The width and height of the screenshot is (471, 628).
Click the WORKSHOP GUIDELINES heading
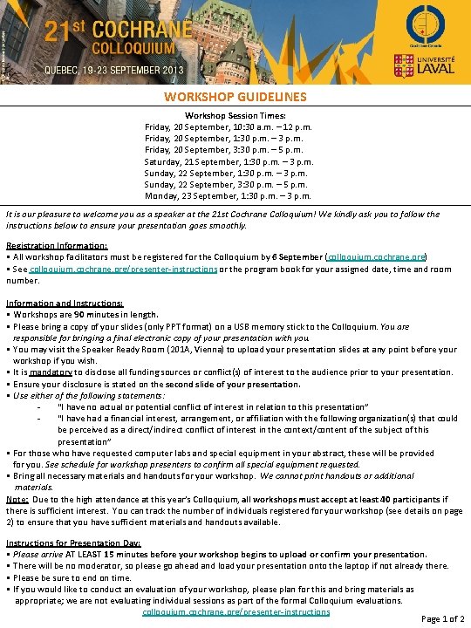pos(235,97)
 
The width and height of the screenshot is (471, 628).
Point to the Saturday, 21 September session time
pos(229,161)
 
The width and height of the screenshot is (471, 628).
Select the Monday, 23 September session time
pos(229,195)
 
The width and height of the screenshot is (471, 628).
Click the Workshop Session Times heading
pos(229,115)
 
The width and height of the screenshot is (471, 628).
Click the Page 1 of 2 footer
pos(443,618)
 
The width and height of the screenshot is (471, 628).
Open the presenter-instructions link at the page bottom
pos(235,611)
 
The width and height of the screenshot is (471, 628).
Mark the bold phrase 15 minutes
pos(119,554)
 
